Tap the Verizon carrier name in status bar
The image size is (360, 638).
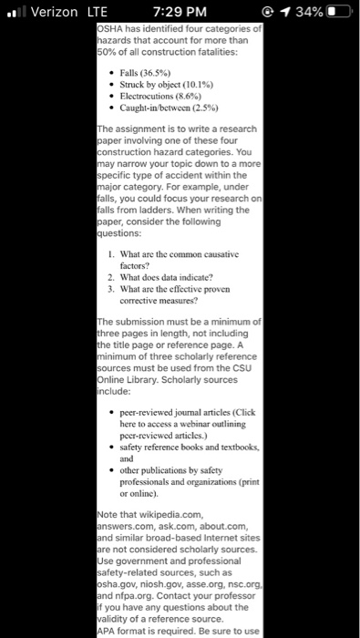56,13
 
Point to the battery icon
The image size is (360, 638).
335,13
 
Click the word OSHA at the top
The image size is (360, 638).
114,29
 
